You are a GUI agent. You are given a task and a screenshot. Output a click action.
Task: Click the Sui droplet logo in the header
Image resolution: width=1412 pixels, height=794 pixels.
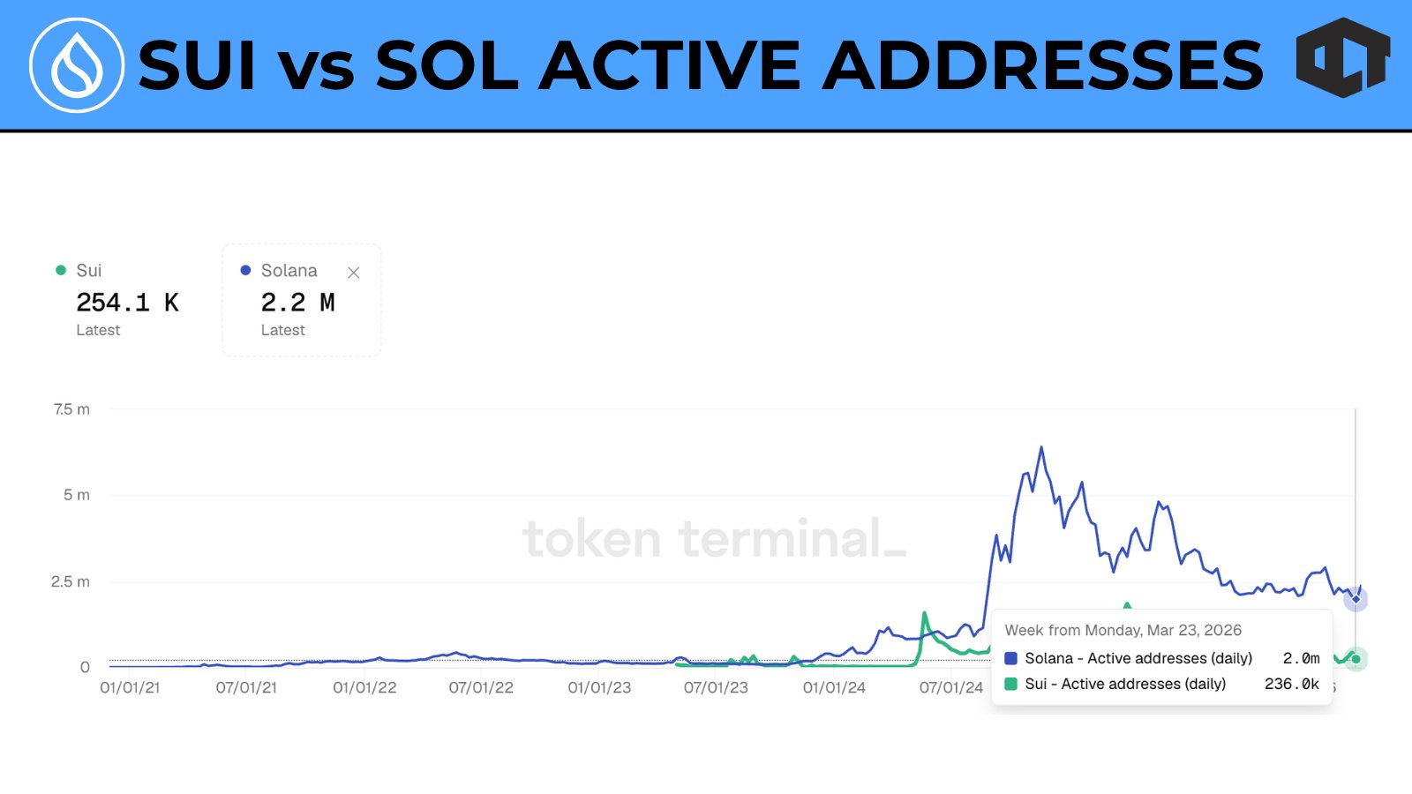pos(77,65)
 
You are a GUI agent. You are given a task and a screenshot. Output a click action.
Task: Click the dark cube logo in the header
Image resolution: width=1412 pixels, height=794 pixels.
pos(1342,58)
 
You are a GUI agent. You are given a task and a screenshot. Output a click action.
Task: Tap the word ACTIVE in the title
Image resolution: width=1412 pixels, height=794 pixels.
pos(670,66)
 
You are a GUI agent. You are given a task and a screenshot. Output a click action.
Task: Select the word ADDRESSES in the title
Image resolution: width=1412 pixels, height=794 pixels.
pos(1043,66)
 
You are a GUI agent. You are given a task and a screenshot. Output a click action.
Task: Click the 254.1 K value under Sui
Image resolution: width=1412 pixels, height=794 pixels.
pos(127,303)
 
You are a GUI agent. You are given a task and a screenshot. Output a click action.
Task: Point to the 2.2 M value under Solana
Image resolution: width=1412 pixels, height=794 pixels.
pos(297,303)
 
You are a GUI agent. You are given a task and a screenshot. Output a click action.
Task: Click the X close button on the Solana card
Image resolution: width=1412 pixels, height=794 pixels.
pos(354,273)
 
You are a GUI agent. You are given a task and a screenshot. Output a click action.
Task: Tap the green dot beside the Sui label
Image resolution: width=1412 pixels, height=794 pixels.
pos(61,270)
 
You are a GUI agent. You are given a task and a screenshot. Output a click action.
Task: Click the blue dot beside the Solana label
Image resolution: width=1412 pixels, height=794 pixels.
pos(245,270)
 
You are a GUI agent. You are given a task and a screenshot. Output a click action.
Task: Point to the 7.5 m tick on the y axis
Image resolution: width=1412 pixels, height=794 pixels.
pos(71,409)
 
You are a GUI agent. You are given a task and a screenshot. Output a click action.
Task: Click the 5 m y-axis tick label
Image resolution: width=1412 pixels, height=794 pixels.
pos(76,495)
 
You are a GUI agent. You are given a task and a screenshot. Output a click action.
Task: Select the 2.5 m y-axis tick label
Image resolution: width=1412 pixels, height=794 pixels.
pos(71,581)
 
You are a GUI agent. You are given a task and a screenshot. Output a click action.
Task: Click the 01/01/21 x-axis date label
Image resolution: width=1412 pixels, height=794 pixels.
pos(130,687)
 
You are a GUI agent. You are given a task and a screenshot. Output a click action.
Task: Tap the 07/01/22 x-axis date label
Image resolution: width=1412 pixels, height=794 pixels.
pos(481,687)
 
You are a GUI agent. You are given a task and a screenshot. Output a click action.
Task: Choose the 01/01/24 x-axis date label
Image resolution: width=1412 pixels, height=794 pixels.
pos(834,687)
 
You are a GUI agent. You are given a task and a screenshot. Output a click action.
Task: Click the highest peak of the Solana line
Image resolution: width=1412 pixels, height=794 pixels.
pos(1041,448)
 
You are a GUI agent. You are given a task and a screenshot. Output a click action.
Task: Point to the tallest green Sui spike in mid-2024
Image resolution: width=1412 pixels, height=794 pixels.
pos(924,613)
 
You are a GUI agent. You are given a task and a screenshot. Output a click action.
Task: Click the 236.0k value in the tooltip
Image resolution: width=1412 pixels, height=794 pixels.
pos(1291,684)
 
